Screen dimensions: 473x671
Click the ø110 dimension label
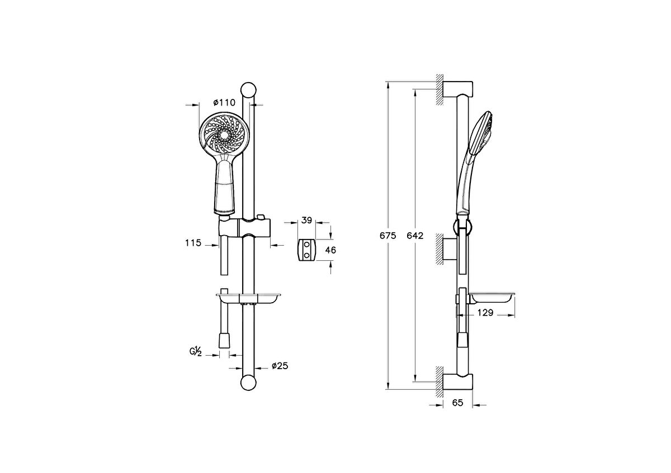[x=224, y=102]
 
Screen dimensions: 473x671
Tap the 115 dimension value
[x=193, y=243]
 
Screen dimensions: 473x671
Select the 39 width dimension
[x=306, y=221]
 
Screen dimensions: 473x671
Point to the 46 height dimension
[x=330, y=250]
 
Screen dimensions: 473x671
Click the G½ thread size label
[x=195, y=351]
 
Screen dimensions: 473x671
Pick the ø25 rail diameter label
[x=280, y=366]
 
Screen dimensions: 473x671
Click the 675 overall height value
[x=388, y=236]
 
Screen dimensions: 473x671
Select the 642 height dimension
[x=415, y=236]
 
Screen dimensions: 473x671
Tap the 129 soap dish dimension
[x=485, y=313]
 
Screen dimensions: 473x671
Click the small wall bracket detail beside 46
[x=306, y=250]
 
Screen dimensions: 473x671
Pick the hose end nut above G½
[x=224, y=339]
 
